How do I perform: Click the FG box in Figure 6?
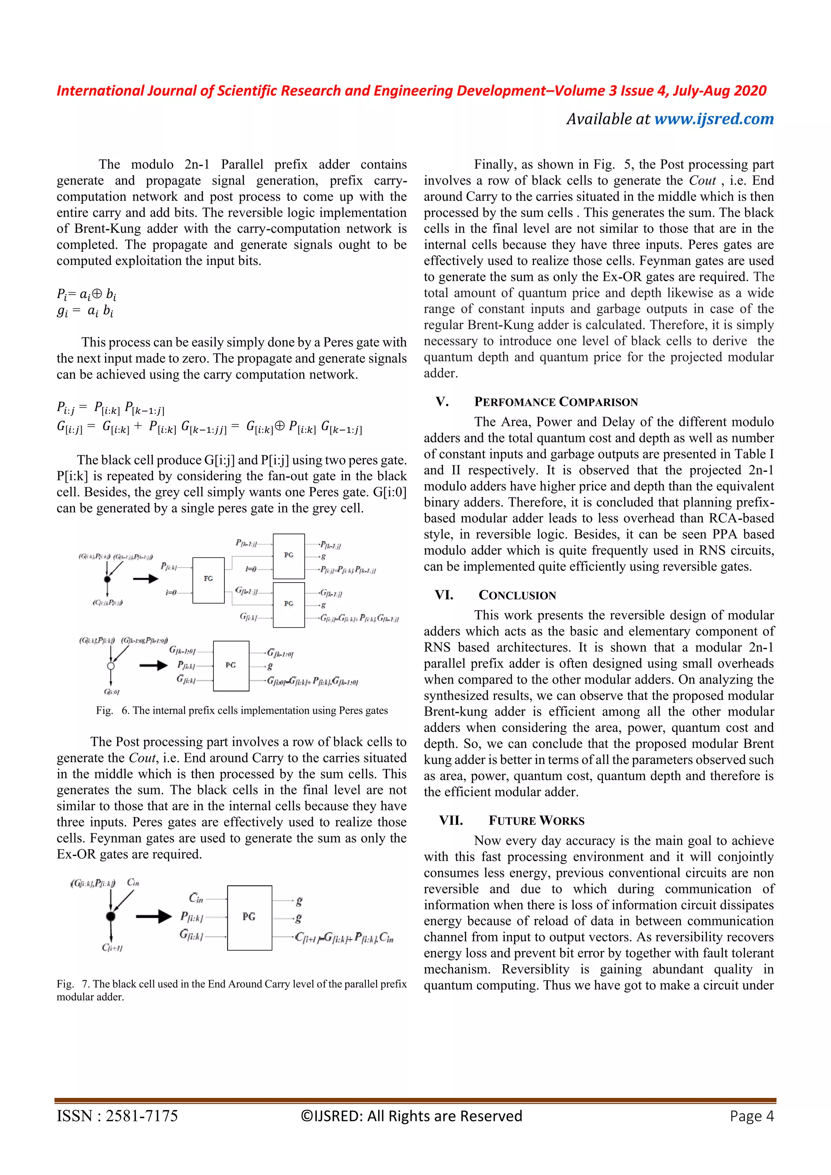coord(208,580)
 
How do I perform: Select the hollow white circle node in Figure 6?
coord(110,666)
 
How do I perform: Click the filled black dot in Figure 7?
coord(110,916)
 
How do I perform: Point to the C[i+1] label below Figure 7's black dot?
coord(112,948)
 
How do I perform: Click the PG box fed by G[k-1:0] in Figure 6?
coord(231,665)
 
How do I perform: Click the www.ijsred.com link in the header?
coord(714,119)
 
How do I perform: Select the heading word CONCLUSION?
coord(517,595)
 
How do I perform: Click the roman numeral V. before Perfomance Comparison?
coord(442,402)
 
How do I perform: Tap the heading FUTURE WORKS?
coord(536,820)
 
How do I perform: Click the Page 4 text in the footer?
coord(752,1116)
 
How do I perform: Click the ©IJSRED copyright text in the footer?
coord(411,1116)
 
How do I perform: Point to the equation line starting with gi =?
coord(85,311)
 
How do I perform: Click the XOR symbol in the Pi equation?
coord(96,294)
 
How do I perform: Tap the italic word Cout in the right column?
coord(702,181)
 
